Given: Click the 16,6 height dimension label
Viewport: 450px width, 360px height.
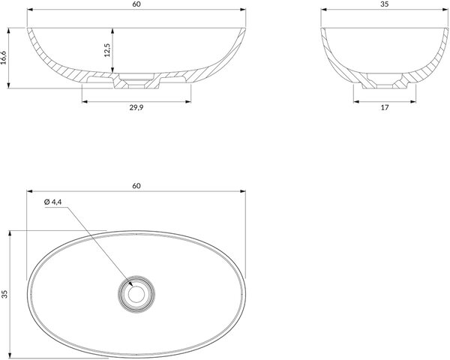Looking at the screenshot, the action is click(x=4, y=58).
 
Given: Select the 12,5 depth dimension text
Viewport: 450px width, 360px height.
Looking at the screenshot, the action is click(x=107, y=50).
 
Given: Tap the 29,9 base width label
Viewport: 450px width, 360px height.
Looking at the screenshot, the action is click(x=136, y=108).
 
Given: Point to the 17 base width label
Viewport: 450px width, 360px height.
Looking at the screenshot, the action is click(x=385, y=108).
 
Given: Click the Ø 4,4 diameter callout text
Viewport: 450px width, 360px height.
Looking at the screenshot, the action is click(x=53, y=202).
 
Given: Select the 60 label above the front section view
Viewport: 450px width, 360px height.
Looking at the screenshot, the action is click(x=136, y=4).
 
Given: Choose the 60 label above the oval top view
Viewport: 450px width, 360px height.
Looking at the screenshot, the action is click(x=136, y=186).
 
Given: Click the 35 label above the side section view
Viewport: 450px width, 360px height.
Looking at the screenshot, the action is click(x=385, y=4).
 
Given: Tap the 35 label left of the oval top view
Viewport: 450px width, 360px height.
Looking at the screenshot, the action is click(x=4, y=294).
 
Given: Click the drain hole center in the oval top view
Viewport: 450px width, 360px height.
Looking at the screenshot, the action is click(x=136, y=294).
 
